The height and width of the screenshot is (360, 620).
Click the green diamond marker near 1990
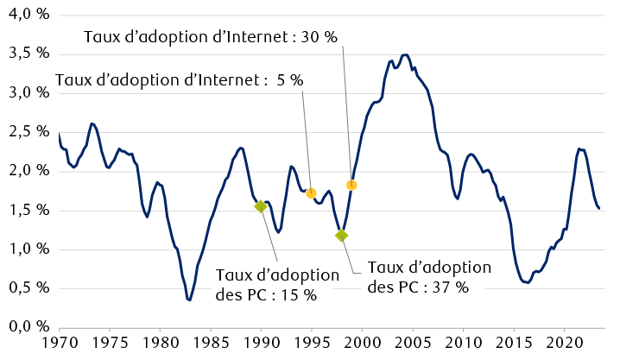tap(261, 206)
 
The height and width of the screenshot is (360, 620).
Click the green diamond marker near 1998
tap(342, 235)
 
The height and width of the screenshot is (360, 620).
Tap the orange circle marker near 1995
tap(311, 193)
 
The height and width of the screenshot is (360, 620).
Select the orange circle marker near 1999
tap(351, 185)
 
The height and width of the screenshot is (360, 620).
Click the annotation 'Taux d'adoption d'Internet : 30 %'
tap(210, 37)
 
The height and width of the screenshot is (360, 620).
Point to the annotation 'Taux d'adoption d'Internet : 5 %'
tap(179, 80)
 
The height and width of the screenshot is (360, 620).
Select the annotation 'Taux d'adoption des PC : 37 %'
tap(428, 277)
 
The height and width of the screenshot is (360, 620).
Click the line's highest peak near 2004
tap(405, 54)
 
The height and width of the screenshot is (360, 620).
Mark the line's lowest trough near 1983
tap(189, 300)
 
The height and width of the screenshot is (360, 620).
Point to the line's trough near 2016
tap(528, 282)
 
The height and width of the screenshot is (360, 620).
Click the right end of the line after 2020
tap(599, 207)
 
